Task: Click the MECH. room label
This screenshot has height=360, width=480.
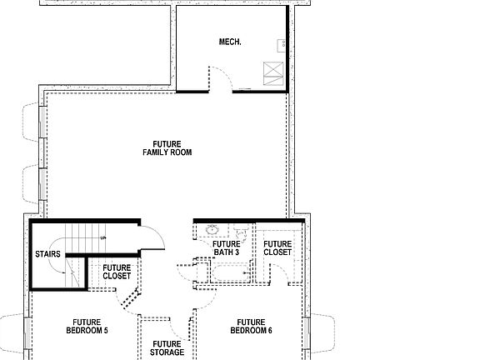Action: pyautogui.click(x=230, y=41)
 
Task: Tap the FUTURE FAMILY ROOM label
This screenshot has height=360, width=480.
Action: pyautogui.click(x=172, y=147)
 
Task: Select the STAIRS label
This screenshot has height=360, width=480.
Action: pyautogui.click(x=46, y=252)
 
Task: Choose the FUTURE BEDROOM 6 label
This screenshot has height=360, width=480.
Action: pyautogui.click(x=251, y=326)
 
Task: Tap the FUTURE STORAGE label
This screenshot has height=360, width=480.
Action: pyautogui.click(x=167, y=347)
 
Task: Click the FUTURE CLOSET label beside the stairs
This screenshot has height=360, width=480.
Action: pyautogui.click(x=117, y=271)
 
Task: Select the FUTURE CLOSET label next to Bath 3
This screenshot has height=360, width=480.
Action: pyautogui.click(x=277, y=247)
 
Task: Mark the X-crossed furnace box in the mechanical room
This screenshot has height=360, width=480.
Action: pyautogui.click(x=272, y=72)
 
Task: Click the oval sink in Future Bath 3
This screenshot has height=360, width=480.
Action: pyautogui.click(x=212, y=231)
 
